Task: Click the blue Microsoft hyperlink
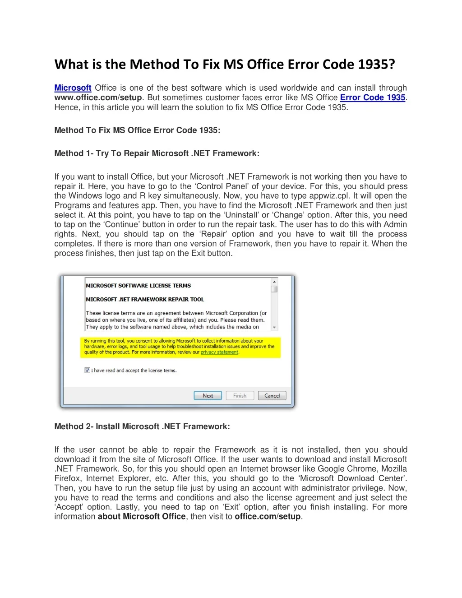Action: coord(73,88)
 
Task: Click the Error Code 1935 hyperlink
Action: coord(373,97)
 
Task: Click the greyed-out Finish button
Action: coord(240,396)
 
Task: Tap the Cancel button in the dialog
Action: coord(272,396)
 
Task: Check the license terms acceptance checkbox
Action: coord(87,371)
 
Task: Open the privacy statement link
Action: coord(219,352)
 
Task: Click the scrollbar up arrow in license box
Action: coord(274,282)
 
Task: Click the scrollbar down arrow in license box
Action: coord(274,327)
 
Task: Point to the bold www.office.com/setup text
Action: coord(98,97)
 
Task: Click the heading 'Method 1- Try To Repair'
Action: coord(157,153)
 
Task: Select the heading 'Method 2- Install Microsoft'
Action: coord(142,426)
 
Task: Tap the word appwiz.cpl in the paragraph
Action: coord(328,196)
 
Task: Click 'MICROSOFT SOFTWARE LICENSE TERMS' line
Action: coord(138,286)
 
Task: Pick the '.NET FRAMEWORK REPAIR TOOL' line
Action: coord(145,299)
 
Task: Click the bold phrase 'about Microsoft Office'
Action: coord(142,517)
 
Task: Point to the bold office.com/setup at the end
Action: coord(268,517)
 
